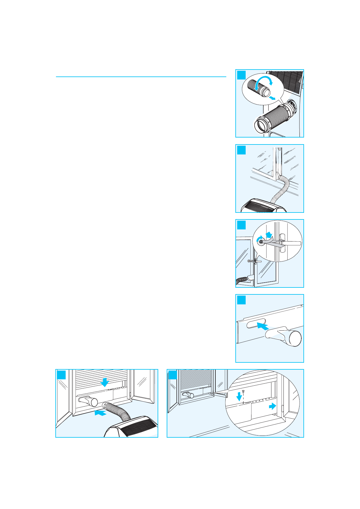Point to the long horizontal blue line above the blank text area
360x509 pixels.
[141, 77]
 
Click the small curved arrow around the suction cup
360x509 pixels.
[259, 240]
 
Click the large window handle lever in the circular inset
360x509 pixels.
[289, 243]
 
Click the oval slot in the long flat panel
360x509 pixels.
[256, 324]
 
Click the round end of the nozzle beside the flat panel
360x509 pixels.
[295, 338]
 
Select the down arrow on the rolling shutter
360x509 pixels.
[105, 382]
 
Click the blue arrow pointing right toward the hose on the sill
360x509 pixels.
[100, 413]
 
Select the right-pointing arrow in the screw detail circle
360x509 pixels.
[272, 406]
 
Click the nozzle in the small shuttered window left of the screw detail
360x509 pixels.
[188, 394]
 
